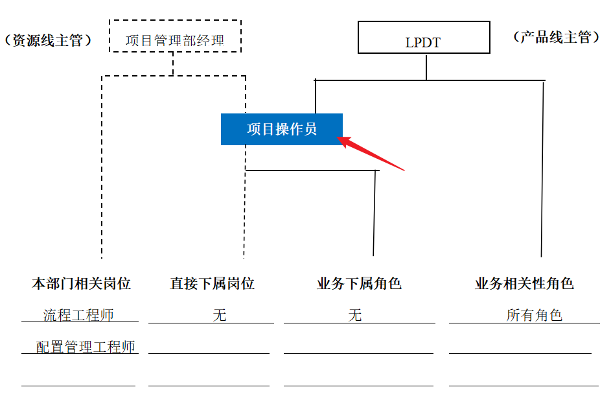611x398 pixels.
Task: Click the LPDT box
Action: [x=424, y=38]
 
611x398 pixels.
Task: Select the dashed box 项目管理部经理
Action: [x=175, y=37]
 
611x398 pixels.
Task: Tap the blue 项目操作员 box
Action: [x=281, y=129]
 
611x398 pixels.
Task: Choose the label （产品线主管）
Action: [x=556, y=37]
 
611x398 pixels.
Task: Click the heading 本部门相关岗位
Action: [x=81, y=283]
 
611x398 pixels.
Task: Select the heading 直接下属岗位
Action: [x=212, y=283]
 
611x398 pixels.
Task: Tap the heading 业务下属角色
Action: [x=359, y=283]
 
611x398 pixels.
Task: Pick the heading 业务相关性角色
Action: [x=524, y=283]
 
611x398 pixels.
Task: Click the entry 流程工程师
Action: [x=78, y=315]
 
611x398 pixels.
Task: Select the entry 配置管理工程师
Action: [x=86, y=347]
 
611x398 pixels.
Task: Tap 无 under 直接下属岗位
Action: [x=220, y=315]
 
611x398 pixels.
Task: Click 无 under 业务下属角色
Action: [x=354, y=315]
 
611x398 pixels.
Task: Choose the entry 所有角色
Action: [x=534, y=315]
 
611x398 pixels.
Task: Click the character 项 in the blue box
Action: [x=254, y=129]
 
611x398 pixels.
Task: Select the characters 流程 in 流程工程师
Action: [x=57, y=315]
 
